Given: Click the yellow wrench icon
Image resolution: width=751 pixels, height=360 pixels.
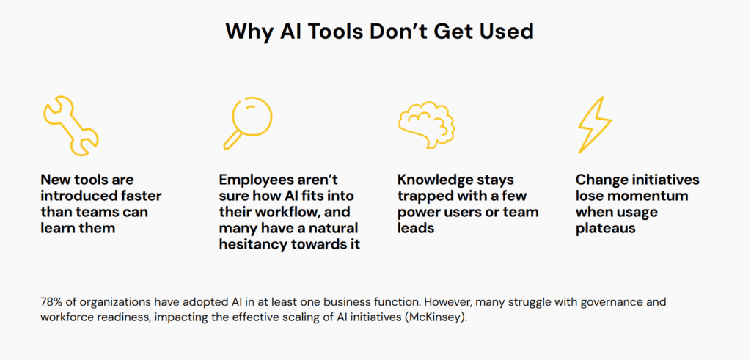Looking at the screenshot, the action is click(x=70, y=126).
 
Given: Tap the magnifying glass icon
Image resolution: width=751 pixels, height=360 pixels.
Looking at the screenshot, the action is click(x=248, y=122).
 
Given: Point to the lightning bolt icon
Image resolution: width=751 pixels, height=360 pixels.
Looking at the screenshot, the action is click(x=595, y=124).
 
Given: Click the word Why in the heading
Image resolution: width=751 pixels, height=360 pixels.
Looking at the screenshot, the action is click(x=249, y=32).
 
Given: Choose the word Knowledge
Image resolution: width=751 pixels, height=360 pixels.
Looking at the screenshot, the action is click(x=437, y=181).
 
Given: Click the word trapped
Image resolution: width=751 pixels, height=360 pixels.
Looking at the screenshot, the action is click(x=425, y=196).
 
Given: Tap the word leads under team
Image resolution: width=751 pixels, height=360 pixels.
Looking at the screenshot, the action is click(x=416, y=228).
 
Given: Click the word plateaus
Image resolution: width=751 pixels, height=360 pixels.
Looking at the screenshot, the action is click(x=605, y=228).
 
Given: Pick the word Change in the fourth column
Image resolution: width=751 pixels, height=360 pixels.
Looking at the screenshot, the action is click(x=601, y=180).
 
